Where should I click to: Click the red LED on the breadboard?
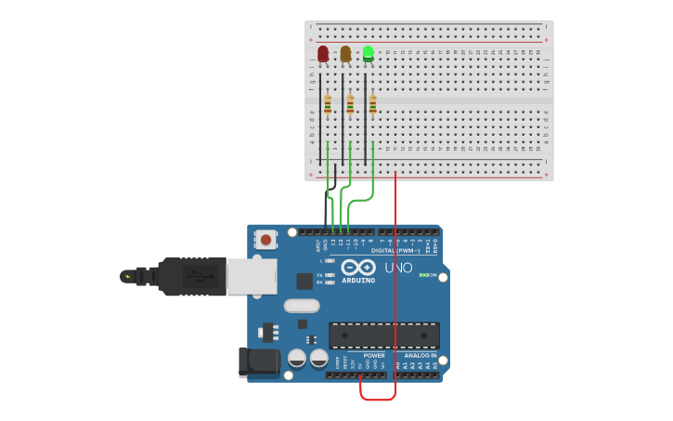click(323, 54)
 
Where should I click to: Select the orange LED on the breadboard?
click(345, 54)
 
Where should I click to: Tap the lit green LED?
click(369, 54)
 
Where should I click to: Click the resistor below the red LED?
click(328, 104)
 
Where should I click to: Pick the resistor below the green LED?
click(372, 104)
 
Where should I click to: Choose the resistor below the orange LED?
click(350, 104)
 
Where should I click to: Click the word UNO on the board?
click(399, 268)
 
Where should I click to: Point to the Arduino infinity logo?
click(356, 267)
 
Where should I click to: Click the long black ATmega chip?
click(384, 335)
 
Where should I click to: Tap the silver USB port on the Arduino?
click(252, 276)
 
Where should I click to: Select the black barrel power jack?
click(259, 362)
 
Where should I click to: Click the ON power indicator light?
click(422, 275)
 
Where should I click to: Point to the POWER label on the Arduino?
click(374, 355)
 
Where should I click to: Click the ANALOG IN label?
click(420, 355)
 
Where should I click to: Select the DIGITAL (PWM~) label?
click(395, 250)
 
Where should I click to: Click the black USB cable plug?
click(190, 276)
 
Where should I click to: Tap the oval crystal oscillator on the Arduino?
click(302, 306)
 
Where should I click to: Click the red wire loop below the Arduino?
click(378, 399)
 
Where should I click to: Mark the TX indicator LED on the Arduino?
click(330, 275)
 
